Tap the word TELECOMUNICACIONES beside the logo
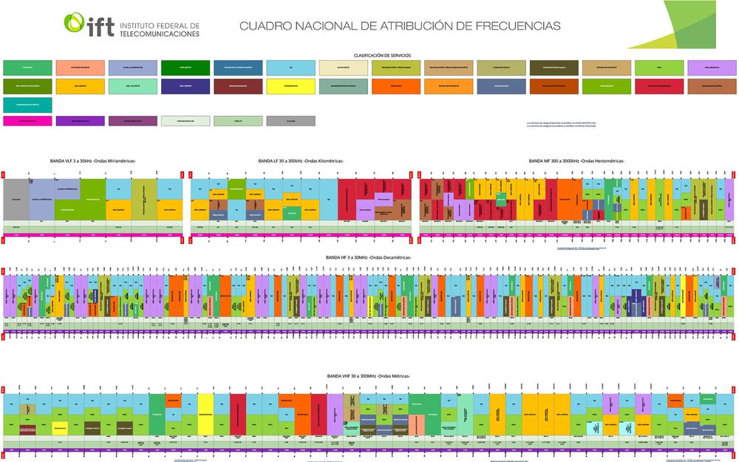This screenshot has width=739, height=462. click(x=160, y=34)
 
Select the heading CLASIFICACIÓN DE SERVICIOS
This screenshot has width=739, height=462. click(x=382, y=55)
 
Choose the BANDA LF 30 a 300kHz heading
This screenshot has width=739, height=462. click(x=301, y=160)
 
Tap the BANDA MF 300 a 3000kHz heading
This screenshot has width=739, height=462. click(x=576, y=160)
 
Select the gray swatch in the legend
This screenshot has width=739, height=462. click(x=291, y=120)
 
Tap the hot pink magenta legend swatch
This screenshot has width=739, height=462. click(x=27, y=120)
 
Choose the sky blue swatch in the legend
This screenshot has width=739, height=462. click(x=291, y=68)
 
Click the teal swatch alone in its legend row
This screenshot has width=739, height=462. click(x=27, y=104)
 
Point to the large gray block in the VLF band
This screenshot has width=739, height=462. click(x=16, y=200)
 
